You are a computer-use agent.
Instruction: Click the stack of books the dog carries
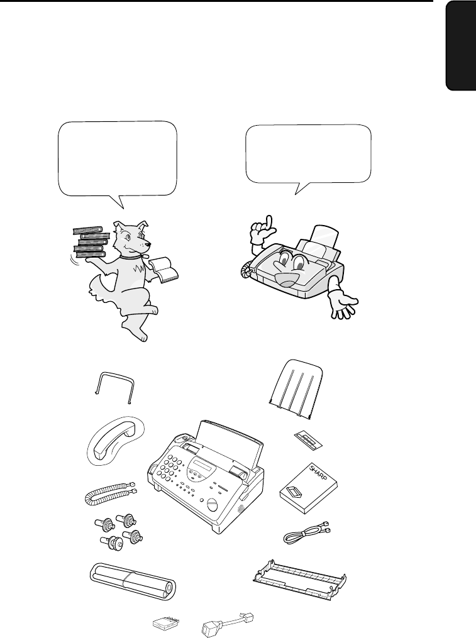click(x=91, y=243)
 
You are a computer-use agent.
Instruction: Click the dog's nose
click(x=150, y=245)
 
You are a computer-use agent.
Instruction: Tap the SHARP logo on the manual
click(x=318, y=472)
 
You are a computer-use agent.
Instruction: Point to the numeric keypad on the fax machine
click(x=173, y=468)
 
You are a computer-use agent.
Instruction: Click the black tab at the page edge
click(x=460, y=45)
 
